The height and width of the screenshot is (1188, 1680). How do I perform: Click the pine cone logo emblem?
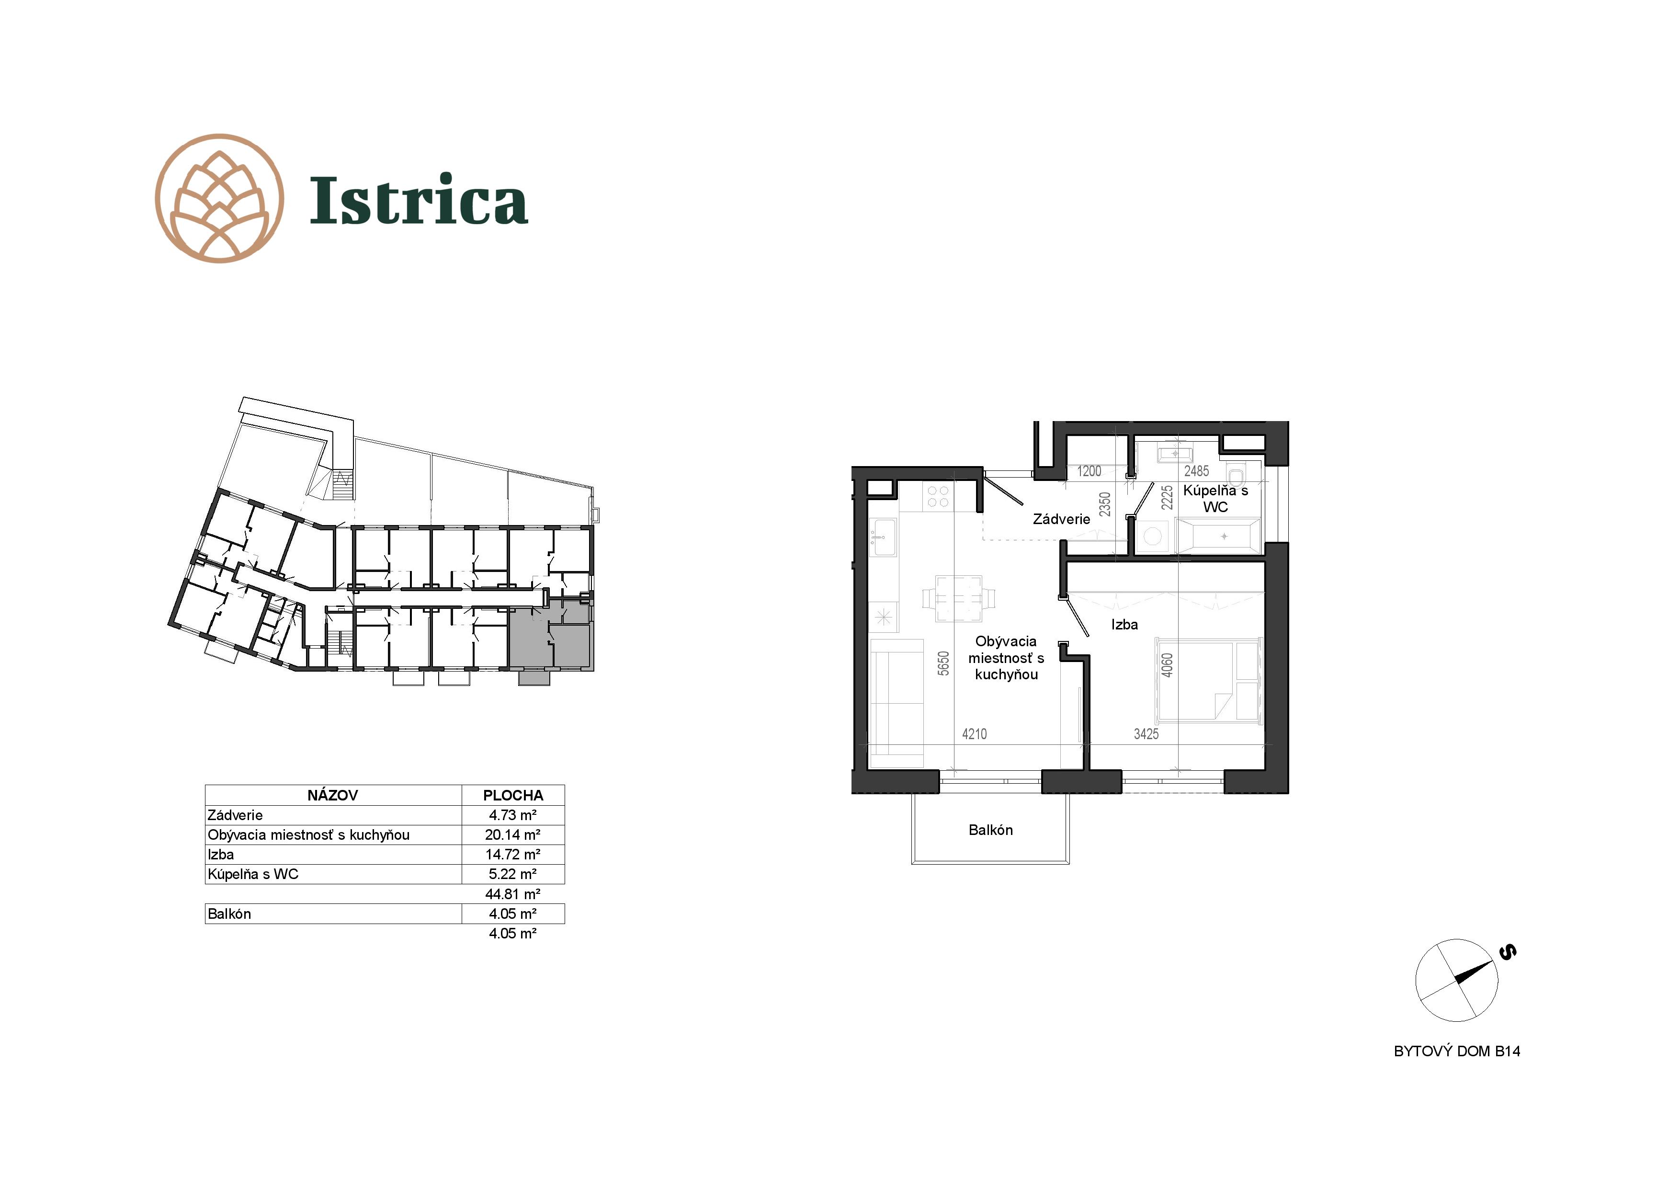(219, 198)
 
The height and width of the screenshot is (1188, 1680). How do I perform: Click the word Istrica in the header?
(419, 199)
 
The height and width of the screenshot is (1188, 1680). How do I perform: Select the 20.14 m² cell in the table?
(513, 834)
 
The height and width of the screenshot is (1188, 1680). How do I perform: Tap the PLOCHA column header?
(513, 795)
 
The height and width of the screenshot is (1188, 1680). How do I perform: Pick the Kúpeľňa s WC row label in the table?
(253, 874)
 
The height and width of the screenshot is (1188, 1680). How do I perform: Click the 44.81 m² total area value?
(513, 894)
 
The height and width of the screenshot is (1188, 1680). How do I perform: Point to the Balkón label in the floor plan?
(991, 830)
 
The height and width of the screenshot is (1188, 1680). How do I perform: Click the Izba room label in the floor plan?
(1124, 624)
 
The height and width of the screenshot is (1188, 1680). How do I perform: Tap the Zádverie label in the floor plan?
(1062, 519)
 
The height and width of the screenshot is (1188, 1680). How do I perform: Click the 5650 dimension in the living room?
(944, 663)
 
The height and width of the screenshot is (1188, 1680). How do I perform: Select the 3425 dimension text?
(1146, 733)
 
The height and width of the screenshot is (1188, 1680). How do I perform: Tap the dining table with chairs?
(959, 598)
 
